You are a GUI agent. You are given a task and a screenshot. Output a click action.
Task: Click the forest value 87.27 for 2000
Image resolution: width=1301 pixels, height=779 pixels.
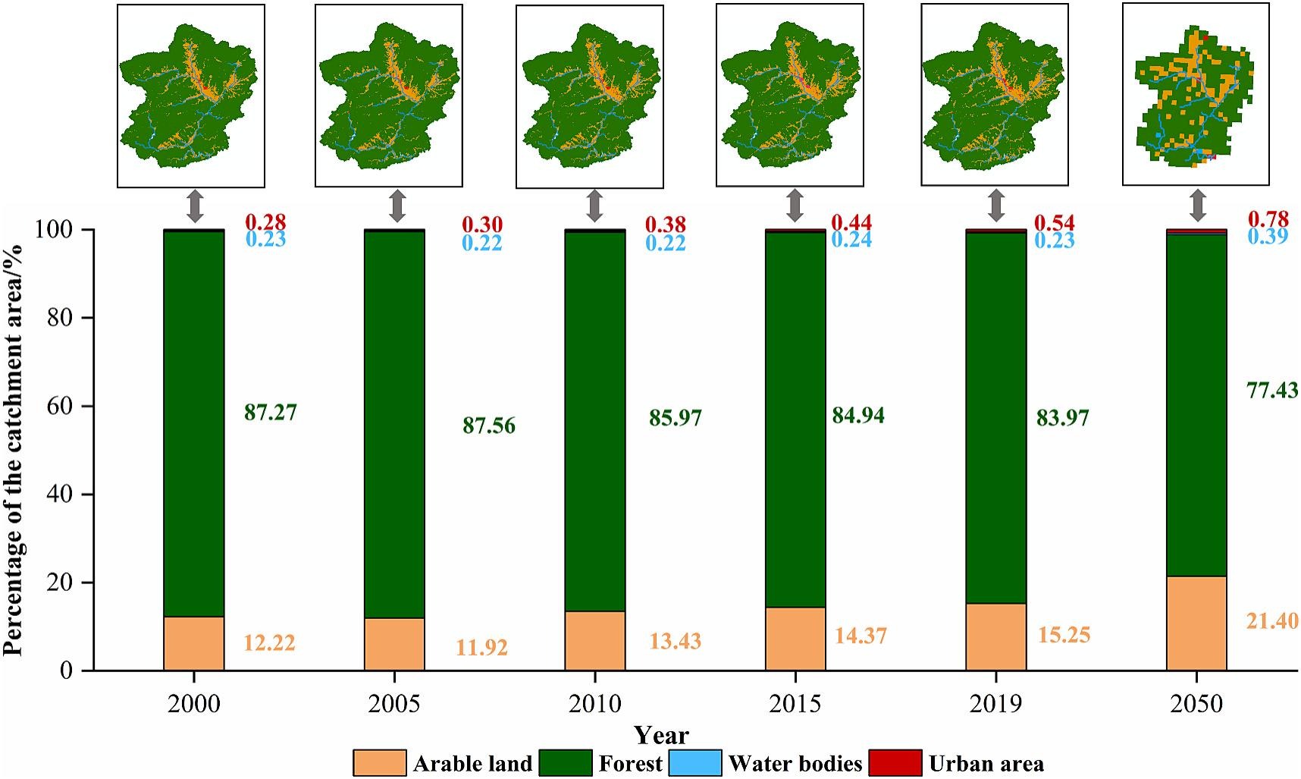click(270, 413)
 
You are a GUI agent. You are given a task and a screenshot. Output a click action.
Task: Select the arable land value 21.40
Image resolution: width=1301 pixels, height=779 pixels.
click(1272, 621)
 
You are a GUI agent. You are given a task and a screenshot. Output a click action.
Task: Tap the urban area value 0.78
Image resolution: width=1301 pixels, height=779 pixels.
click(1268, 220)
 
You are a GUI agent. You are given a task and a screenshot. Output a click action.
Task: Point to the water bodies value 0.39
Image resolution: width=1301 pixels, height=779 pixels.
click(1268, 237)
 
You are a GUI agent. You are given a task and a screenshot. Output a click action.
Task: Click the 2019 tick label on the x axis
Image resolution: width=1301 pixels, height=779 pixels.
click(995, 704)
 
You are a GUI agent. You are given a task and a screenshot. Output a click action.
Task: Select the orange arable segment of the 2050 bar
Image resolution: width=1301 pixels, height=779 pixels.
click(1196, 624)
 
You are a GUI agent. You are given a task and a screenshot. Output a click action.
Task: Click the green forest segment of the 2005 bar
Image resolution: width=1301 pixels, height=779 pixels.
click(394, 425)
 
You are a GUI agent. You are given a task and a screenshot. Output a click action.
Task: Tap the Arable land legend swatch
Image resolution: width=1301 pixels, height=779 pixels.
click(379, 762)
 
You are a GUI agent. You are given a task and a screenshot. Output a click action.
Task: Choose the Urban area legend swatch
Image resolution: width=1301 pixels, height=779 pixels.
click(895, 762)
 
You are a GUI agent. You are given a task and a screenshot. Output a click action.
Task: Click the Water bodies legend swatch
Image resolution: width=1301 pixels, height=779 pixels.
click(695, 762)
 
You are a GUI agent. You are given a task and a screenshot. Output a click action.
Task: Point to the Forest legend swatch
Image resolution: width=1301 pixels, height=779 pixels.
click(566, 762)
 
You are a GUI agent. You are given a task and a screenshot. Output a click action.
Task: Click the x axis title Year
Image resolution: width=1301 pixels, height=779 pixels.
click(661, 735)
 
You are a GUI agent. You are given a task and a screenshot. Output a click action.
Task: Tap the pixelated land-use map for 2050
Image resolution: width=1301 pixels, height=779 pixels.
click(1195, 94)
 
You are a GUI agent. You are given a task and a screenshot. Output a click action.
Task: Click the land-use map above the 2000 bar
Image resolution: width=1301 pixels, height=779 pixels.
click(191, 96)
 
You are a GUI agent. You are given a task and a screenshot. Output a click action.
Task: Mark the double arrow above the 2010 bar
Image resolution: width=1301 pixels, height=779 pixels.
click(595, 206)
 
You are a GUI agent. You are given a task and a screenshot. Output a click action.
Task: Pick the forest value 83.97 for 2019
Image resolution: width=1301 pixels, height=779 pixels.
click(1062, 418)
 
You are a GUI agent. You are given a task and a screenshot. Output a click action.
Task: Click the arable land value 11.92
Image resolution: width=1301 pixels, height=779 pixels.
click(481, 649)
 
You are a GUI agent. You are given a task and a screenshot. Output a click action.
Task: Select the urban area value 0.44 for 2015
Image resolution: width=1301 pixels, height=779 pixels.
click(851, 222)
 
